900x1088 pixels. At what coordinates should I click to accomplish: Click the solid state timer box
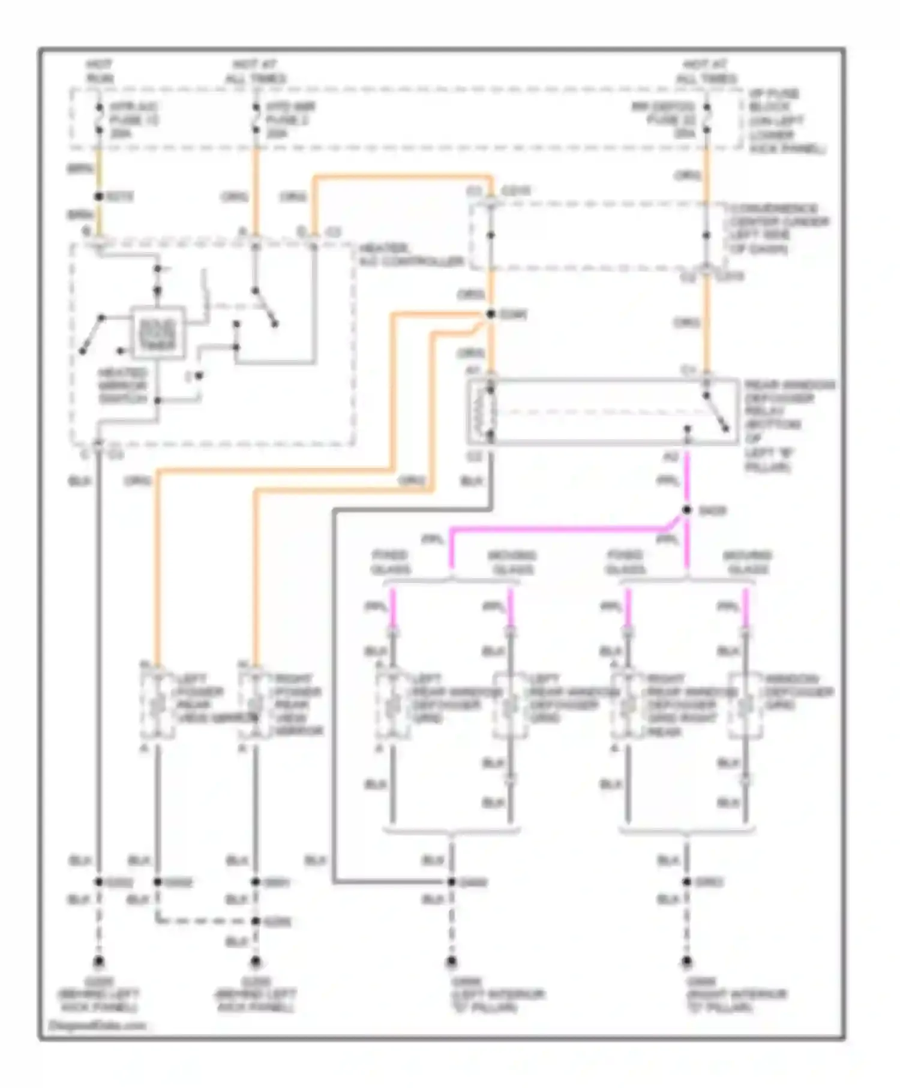point(158,333)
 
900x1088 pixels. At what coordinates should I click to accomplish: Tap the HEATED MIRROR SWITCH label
point(122,386)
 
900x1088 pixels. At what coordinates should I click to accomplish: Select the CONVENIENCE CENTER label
point(778,229)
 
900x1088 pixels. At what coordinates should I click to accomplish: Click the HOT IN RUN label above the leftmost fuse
point(100,71)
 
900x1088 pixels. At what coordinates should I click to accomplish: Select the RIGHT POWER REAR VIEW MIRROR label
point(298,705)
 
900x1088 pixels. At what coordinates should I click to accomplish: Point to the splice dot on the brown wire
point(99,197)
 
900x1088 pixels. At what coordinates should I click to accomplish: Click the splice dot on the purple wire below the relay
point(687,510)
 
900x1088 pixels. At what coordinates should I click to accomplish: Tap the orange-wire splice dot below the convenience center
point(490,314)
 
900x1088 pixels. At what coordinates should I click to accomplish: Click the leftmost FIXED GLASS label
point(390,562)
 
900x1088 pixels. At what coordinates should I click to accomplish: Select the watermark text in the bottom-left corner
point(96,1026)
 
